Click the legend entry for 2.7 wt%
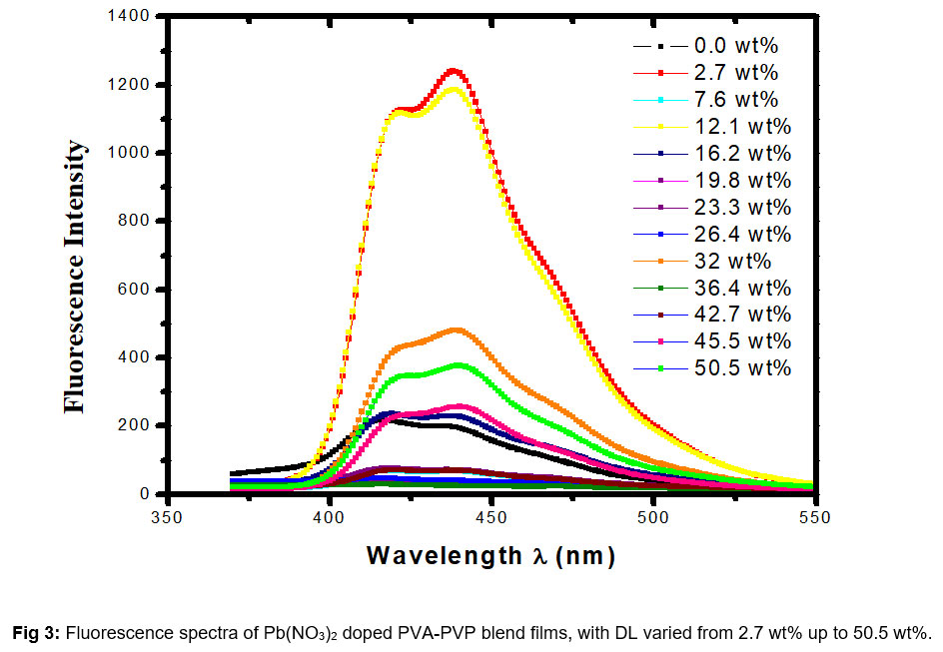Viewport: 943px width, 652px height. tap(734, 72)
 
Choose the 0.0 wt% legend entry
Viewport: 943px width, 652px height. tap(734, 45)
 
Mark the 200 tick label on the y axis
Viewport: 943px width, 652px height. tap(136, 425)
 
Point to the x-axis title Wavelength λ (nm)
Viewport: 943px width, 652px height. tap(489, 556)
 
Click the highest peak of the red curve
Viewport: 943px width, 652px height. tap(455, 70)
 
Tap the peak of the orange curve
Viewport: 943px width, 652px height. tap(458, 329)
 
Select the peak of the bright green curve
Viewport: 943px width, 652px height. tap(459, 364)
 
